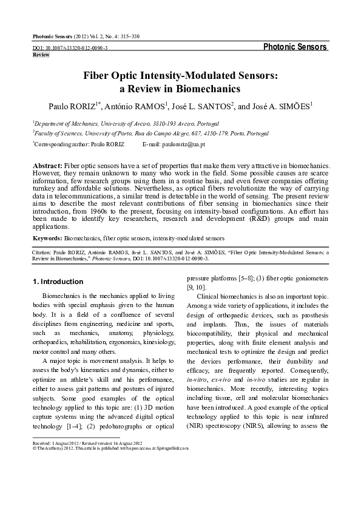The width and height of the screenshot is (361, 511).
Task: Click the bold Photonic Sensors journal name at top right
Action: click(295, 47)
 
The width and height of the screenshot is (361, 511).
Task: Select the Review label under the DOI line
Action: click(41, 55)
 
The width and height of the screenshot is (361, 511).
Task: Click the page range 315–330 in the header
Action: click(127, 36)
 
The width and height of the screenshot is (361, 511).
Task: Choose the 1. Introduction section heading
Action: click(58, 282)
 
